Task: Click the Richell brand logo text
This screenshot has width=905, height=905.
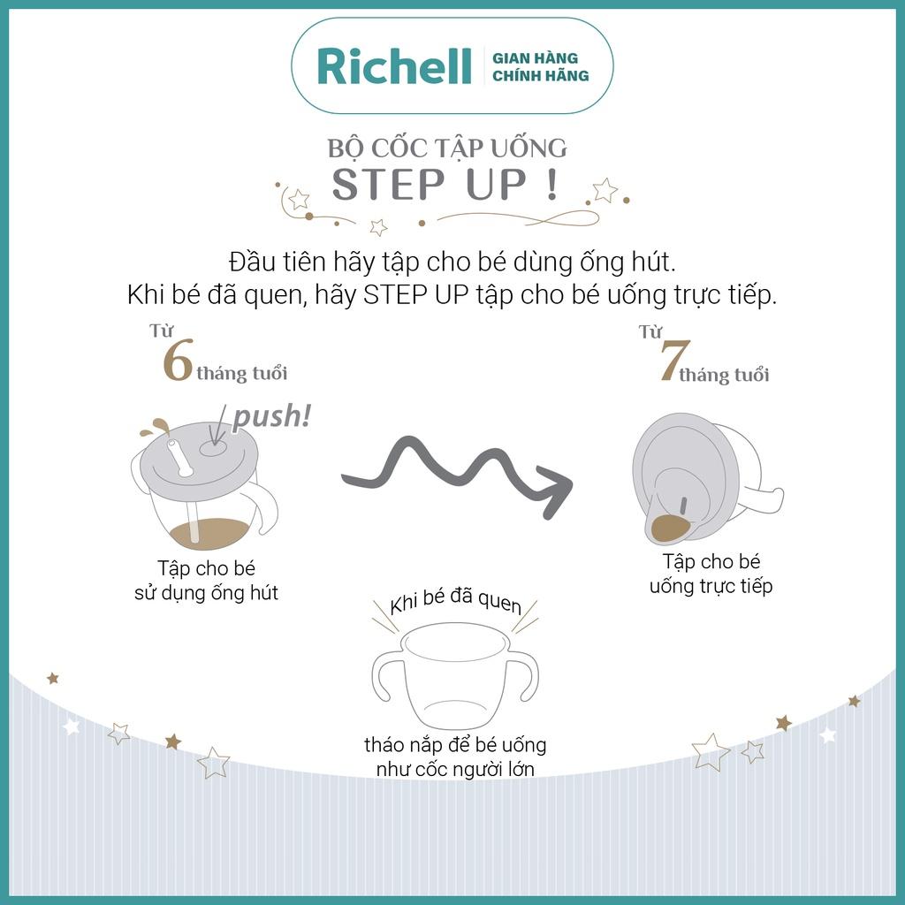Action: [x=394, y=65]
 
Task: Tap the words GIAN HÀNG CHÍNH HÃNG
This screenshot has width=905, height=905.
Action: [x=540, y=67]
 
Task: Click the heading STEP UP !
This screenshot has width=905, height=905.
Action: [x=445, y=184]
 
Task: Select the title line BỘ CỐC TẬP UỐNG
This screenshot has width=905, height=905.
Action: [x=447, y=148]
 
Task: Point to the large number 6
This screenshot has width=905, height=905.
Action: [x=177, y=361]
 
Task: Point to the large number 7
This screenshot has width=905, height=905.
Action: [x=674, y=361]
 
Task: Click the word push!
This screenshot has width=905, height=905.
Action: [x=272, y=415]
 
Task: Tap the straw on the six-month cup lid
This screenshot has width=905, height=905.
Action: [x=179, y=458]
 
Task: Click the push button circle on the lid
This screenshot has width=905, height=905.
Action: [x=214, y=448]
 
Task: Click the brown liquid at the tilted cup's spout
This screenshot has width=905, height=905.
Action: [x=669, y=528]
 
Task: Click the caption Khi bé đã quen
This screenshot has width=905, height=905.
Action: [x=455, y=600]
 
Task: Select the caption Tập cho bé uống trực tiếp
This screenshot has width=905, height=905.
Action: [x=711, y=574]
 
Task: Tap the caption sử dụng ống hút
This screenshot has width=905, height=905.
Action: [x=206, y=593]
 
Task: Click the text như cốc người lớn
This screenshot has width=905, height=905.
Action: [x=455, y=770]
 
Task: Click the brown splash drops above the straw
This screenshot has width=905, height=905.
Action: [x=155, y=427]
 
